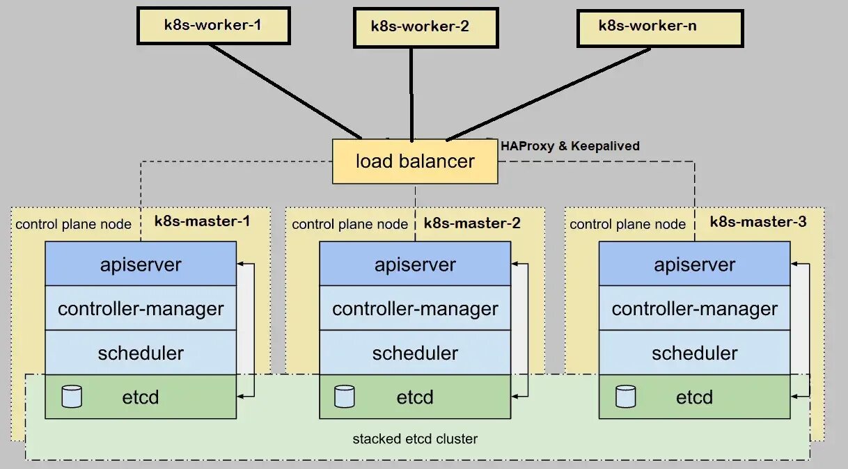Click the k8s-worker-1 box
pos(212,26)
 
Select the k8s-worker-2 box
pos(425,28)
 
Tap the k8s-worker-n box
pos(659,27)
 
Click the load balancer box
pos(415,161)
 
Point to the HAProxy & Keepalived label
pos(570,146)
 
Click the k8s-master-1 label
pos(202,222)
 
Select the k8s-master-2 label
pos(472,223)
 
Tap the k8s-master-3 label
pos(758,222)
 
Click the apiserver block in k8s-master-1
pos(141,264)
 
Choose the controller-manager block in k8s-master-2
pos(415,308)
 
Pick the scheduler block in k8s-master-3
pos(694,353)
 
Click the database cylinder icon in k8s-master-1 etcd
pos(72,397)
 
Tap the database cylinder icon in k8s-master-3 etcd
pos(625,397)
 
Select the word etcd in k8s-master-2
pos(415,397)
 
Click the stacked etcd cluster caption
pos(415,439)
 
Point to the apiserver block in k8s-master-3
pos(694,264)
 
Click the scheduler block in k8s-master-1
pos(141,353)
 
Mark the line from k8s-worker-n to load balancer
pos(550,93)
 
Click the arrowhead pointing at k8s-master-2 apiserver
pos(516,264)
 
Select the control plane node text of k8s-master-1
pos(73,224)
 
